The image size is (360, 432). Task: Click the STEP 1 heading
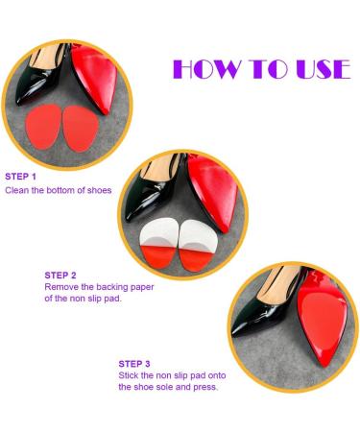(x=20, y=177)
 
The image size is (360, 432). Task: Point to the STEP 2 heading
(x=61, y=274)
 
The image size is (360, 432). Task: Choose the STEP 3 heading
(x=134, y=364)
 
